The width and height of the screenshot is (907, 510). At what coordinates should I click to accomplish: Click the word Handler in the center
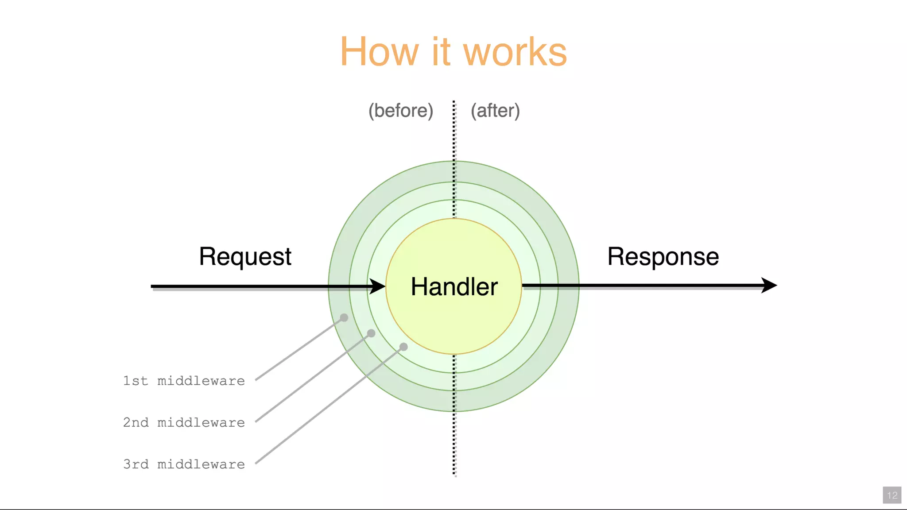pos(454,286)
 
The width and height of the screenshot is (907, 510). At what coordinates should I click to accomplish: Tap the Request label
pos(245,257)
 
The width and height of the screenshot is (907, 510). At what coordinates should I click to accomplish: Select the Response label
pos(663,257)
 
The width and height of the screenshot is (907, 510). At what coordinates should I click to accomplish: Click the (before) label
pos(401,110)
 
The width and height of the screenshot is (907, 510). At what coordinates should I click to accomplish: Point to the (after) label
pos(495,110)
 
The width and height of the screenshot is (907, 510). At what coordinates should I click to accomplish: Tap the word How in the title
pos(379,52)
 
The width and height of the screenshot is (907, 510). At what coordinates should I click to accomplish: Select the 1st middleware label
pos(184,381)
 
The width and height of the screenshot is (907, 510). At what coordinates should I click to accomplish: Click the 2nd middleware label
pos(184,422)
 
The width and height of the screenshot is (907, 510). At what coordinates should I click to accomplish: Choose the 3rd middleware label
pos(184,464)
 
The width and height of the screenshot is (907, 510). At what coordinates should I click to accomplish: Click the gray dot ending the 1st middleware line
pos(344,317)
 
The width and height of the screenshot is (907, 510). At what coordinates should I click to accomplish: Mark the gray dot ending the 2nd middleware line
pos(371,333)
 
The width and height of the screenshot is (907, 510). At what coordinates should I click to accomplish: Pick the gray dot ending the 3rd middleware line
pos(403,347)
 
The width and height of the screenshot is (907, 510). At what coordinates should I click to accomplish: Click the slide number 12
pos(892,495)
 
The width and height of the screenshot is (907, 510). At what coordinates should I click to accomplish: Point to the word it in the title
pos(441,52)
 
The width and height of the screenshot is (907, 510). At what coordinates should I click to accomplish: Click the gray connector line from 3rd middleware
pos(328,406)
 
